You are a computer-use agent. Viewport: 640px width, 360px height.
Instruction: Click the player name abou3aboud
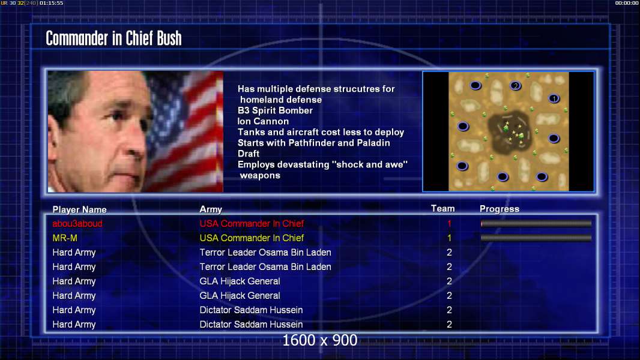tap(77, 223)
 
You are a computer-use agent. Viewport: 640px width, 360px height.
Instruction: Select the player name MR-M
tap(64, 238)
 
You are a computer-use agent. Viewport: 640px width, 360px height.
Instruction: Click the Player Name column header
tap(80, 209)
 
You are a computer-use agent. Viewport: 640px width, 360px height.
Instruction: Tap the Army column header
tap(211, 209)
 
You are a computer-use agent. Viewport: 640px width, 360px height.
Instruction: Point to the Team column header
tap(443, 208)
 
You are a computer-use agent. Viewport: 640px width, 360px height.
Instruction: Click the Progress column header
tap(500, 209)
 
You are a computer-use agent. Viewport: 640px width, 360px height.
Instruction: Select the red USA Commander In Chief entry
tap(252, 223)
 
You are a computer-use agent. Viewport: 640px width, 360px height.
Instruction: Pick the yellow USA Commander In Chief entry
tap(252, 238)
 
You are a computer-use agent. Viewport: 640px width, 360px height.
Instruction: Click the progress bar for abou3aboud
tap(536, 223)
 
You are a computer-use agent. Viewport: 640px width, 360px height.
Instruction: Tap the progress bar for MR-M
tap(536, 238)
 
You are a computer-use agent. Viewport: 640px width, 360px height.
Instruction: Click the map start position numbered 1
tap(554, 98)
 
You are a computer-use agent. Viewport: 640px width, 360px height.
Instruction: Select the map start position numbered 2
tap(516, 86)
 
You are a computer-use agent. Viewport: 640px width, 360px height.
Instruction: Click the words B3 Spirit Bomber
tap(275, 110)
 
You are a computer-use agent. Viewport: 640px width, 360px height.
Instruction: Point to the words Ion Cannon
tap(264, 121)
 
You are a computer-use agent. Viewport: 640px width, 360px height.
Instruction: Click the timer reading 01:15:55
tap(52, 3)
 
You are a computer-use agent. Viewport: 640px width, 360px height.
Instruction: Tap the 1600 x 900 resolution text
tap(320, 340)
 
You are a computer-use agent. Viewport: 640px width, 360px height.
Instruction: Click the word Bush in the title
tap(169, 38)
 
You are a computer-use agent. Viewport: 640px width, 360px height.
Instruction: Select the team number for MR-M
tap(450, 238)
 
